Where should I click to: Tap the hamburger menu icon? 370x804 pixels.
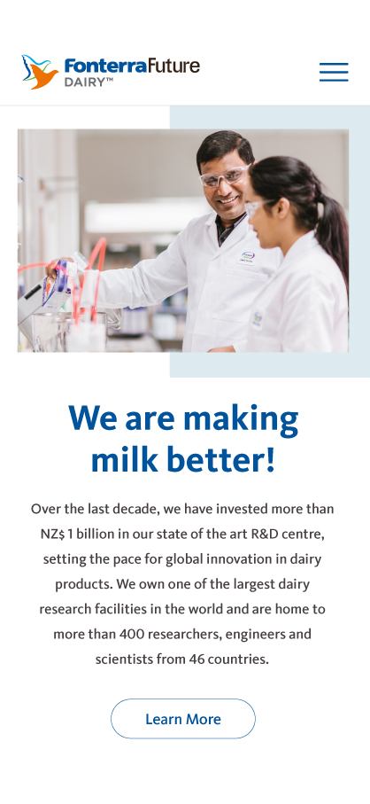tap(334, 73)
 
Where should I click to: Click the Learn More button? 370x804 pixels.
tap(183, 719)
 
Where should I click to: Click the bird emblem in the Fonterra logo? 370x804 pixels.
tap(40, 72)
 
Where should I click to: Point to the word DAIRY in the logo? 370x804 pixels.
tap(84, 82)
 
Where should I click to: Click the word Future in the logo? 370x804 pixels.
tap(173, 66)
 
